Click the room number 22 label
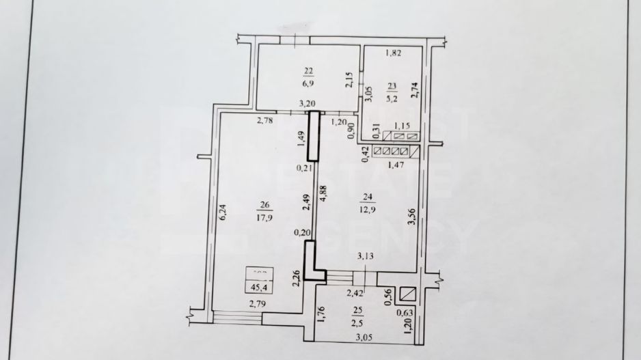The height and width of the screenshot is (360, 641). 308,70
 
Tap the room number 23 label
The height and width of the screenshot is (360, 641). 392,86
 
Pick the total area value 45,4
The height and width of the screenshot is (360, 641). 258,288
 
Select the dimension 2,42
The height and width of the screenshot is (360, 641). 355,294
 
